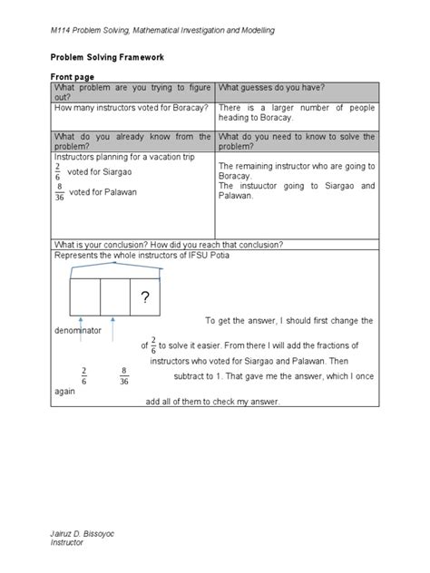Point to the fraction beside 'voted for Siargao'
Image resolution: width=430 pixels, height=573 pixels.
pos(60,172)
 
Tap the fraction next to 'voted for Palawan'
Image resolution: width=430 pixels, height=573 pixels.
pos(60,192)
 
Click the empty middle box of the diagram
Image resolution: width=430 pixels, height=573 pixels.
pos(114,297)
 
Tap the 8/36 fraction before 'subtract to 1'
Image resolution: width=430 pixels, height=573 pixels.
pos(122,375)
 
